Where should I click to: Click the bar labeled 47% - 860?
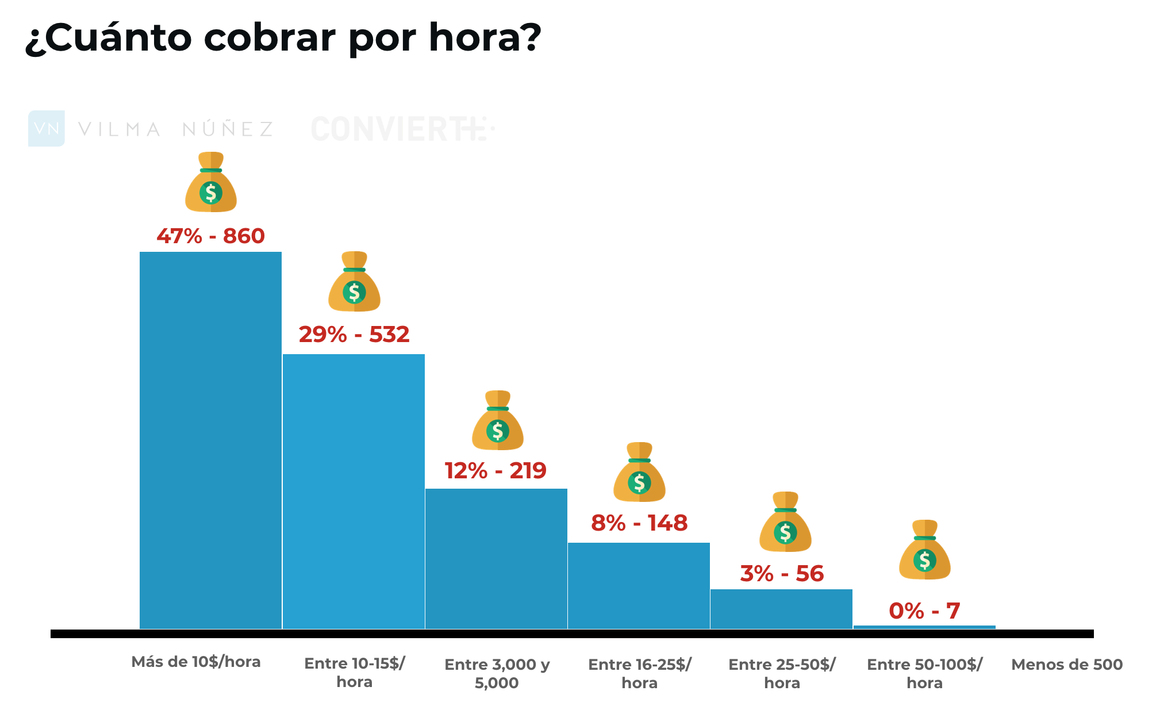pyautogui.click(x=210, y=440)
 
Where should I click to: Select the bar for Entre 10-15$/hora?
pyautogui.click(x=354, y=492)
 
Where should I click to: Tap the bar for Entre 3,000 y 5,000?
pyautogui.click(x=496, y=558)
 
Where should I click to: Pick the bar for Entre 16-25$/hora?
pyautogui.click(x=639, y=585)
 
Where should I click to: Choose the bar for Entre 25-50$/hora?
pyautogui.click(x=781, y=609)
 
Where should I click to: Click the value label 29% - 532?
pyautogui.click(x=354, y=334)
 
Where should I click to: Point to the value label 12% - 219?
pyautogui.click(x=496, y=470)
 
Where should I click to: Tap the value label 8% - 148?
pyautogui.click(x=639, y=523)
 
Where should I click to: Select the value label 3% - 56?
pyautogui.click(x=782, y=573)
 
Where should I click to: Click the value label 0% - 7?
pyautogui.click(x=924, y=611)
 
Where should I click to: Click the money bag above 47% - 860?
pyautogui.click(x=211, y=182)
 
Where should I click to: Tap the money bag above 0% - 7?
pyautogui.click(x=924, y=550)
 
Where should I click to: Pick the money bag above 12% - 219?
pyautogui.click(x=497, y=420)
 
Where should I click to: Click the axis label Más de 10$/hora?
pyautogui.click(x=196, y=662)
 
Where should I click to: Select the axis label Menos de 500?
pyautogui.click(x=1066, y=665)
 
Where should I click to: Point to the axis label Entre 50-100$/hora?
pyautogui.click(x=924, y=673)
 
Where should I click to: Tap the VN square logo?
pyautogui.click(x=46, y=128)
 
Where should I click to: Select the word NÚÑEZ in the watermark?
pyautogui.click(x=228, y=129)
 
